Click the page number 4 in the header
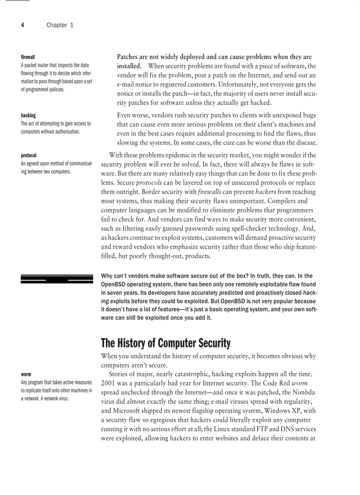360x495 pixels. (22, 25)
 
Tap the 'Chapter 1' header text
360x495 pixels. (60, 25)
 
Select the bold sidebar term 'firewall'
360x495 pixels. (28, 57)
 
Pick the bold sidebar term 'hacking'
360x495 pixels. (28, 115)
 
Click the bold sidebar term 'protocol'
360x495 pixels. (29, 156)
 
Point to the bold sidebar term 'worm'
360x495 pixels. (26, 375)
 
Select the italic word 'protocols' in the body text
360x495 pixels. (149, 182)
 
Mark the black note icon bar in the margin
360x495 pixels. (57, 279)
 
